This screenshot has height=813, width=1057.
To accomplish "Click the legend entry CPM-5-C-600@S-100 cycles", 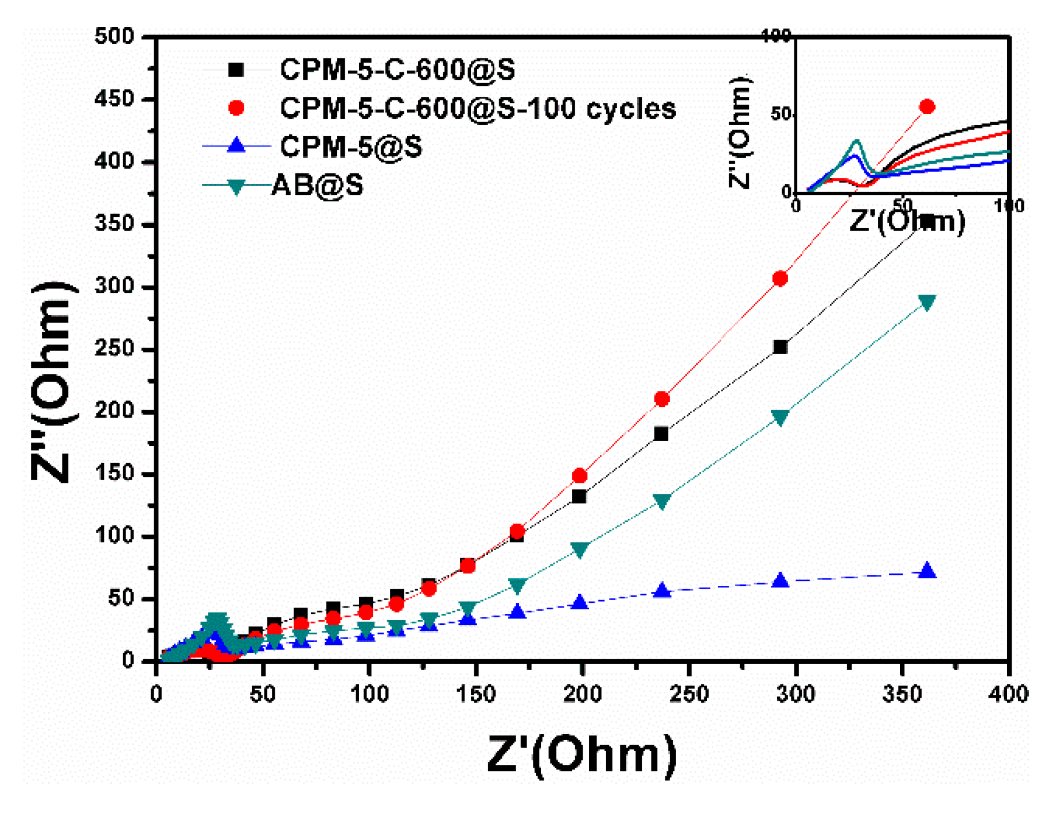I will [477, 108].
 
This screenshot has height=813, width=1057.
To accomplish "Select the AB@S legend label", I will [317, 185].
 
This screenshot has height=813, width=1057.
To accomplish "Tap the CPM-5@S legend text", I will [350, 147].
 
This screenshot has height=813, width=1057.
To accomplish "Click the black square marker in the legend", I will [236, 70].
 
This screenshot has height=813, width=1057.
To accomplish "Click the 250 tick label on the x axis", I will [689, 694].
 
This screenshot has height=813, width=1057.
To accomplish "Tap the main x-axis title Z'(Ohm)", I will [582, 754].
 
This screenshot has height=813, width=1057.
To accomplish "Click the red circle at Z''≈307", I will [780, 279].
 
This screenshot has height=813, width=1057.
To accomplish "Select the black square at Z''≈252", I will [780, 347].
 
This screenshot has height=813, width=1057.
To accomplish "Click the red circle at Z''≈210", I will [662, 399].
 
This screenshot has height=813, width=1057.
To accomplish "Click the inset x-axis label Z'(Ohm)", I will [906, 221].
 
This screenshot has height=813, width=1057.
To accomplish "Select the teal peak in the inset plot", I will [857, 141].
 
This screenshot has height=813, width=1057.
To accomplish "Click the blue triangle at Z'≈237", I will [662, 590].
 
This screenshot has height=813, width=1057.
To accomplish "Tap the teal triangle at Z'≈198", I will [580, 550].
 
